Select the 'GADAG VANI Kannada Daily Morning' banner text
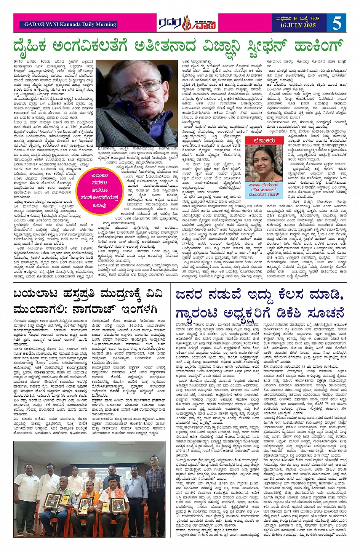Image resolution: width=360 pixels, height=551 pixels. point(70,24)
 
